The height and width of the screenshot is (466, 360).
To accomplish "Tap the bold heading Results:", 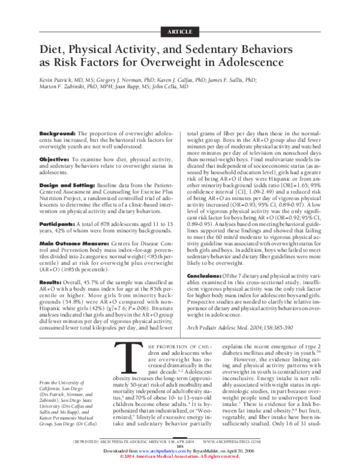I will pyautogui.click(x=50, y=281).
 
